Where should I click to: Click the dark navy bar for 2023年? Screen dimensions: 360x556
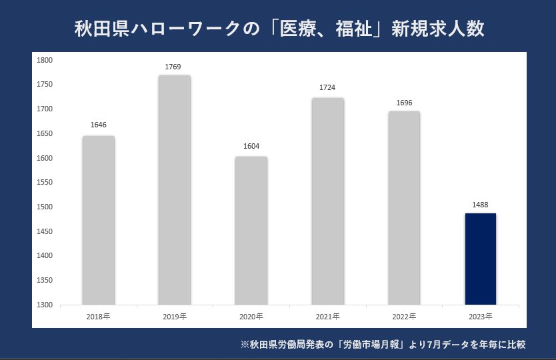point(480,259)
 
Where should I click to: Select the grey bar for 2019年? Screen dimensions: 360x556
point(175,190)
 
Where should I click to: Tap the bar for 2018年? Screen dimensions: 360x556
point(99,220)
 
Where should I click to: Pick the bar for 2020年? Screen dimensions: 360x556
point(251,231)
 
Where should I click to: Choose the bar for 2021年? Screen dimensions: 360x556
point(327,201)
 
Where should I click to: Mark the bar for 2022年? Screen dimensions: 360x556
point(404,208)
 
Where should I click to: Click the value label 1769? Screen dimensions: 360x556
point(173,67)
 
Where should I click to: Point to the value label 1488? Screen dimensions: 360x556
point(481,205)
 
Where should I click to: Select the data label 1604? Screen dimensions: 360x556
point(251,147)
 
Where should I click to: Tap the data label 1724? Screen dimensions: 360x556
point(327,87)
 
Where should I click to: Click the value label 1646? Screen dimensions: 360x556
point(99,125)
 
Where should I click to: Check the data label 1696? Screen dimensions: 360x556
point(404,103)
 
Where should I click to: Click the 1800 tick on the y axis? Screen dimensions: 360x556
point(45,60)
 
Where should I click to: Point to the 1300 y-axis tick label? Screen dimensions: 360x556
point(45,305)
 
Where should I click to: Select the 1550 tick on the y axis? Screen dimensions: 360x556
point(45,182)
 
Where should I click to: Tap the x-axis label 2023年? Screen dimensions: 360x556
point(481,316)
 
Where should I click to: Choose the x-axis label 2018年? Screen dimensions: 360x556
point(98,316)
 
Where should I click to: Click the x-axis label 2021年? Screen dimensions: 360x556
point(327,316)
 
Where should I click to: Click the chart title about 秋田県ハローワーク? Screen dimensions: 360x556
point(279,30)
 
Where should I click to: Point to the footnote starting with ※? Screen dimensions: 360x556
point(383,345)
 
